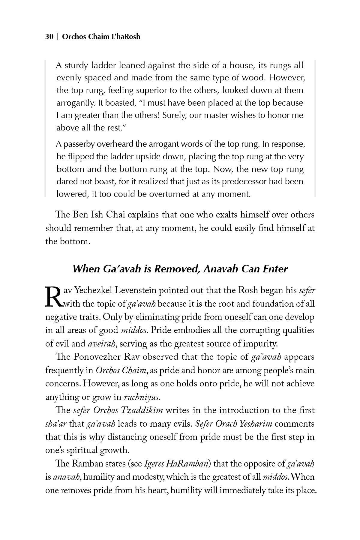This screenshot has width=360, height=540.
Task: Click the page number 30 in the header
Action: [x=49, y=37]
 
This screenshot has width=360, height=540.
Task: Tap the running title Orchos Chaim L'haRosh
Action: [x=101, y=37]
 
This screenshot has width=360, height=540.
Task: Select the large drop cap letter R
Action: [x=54, y=297]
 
